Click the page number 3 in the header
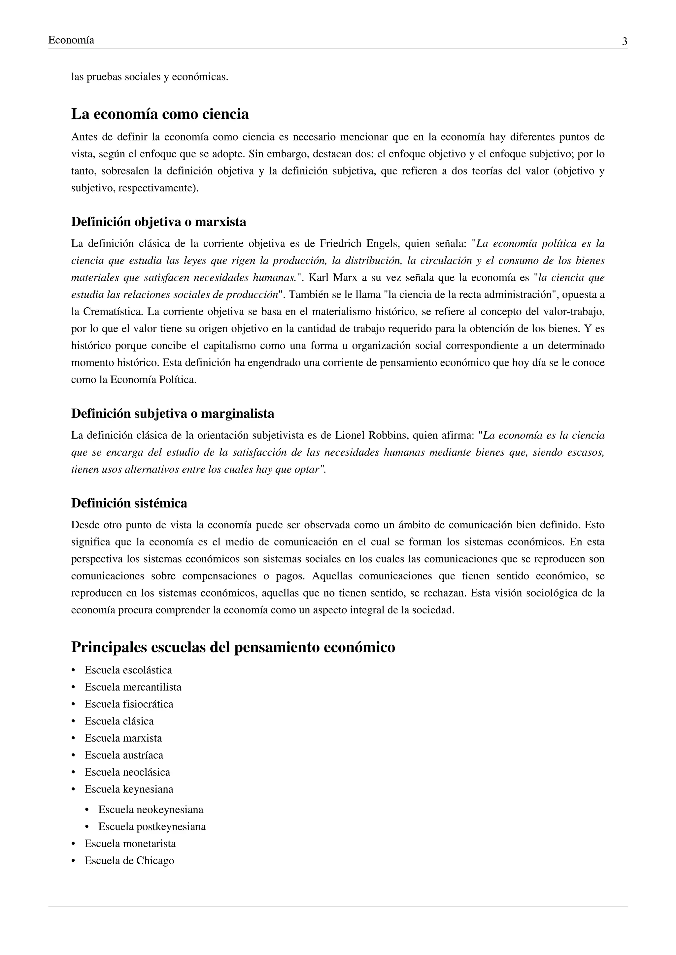[x=625, y=41]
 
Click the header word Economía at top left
[x=71, y=40]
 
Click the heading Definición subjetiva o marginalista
[x=172, y=414]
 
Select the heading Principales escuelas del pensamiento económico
[x=233, y=647]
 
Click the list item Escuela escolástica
[x=128, y=670]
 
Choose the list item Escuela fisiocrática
[x=129, y=704]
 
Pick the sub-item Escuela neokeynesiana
[x=151, y=810]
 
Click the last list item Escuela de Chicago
[x=129, y=861]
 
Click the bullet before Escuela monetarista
[x=74, y=844]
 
